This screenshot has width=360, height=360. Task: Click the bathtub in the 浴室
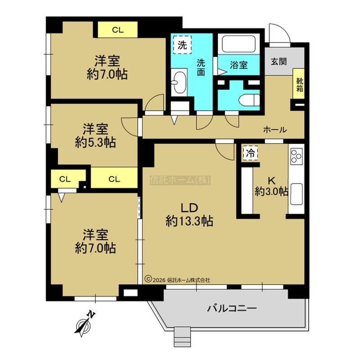(239, 44)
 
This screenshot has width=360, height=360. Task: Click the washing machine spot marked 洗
(182, 45)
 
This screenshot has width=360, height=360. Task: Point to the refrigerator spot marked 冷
(250, 153)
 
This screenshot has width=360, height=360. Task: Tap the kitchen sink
(296, 194)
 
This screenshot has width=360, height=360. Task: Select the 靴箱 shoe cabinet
(299, 84)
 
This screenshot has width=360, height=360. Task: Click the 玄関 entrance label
(279, 62)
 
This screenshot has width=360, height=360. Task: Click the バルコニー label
(232, 308)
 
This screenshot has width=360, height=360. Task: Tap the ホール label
(275, 130)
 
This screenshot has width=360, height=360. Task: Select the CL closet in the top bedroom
(118, 30)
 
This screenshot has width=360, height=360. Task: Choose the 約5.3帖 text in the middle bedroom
(95, 143)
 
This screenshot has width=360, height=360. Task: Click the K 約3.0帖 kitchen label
(271, 186)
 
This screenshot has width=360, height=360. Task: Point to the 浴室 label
(239, 65)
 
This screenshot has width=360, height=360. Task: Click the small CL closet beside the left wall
(65, 179)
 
